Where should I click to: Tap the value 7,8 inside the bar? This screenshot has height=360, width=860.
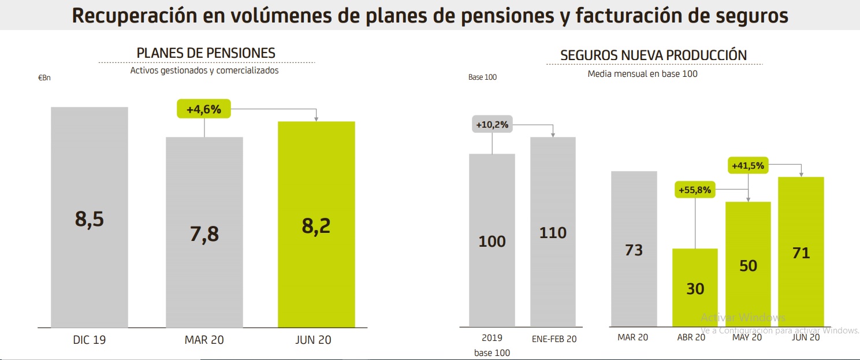(204, 234)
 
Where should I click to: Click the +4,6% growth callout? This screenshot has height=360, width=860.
(203, 109)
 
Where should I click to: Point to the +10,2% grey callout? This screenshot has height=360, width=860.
(492, 124)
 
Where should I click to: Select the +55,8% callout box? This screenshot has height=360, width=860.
(695, 190)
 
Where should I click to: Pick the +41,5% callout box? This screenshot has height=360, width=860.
(748, 166)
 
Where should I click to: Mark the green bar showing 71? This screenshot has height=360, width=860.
(801, 252)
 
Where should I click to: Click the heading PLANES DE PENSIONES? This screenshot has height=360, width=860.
(206, 53)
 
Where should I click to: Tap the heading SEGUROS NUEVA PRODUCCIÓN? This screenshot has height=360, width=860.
(653, 55)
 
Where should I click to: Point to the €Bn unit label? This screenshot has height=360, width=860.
(44, 78)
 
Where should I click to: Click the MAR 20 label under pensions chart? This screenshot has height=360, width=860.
(204, 340)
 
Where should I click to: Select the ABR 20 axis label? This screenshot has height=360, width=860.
(691, 337)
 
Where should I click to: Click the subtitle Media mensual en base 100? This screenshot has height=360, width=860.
(642, 74)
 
